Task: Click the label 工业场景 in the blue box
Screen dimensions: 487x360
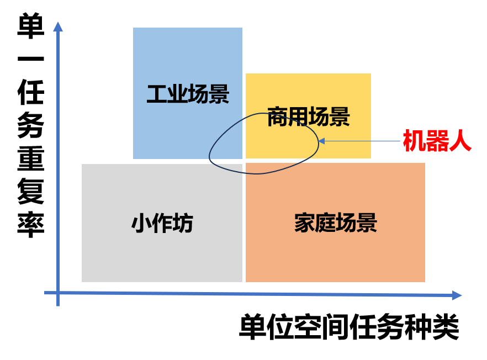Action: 188,94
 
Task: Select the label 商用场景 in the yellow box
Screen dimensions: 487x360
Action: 308,117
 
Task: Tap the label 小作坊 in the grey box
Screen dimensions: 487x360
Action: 162,224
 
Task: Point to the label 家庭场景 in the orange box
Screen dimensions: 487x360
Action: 335,223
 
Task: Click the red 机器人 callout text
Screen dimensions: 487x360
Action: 437,141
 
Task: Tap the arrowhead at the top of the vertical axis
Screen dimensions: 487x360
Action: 57,27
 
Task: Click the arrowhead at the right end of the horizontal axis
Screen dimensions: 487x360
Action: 456,295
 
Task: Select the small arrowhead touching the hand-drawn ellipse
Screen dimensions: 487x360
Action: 321,141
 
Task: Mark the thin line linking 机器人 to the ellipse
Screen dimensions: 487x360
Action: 362,141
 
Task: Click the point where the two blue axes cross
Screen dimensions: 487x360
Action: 57,293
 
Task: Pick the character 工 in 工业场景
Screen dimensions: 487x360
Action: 157,94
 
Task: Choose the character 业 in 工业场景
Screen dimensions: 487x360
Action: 177,94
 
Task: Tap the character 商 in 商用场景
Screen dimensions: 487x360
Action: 277,117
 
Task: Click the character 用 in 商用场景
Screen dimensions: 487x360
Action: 298,117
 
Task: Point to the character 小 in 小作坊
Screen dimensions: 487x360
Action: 141,224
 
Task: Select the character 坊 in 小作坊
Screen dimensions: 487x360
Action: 183,224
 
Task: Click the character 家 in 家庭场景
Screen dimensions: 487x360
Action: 304,223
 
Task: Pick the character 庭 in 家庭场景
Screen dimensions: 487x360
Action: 325,223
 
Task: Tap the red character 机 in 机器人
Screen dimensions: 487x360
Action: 414,141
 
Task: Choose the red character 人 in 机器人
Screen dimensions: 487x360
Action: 460,141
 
